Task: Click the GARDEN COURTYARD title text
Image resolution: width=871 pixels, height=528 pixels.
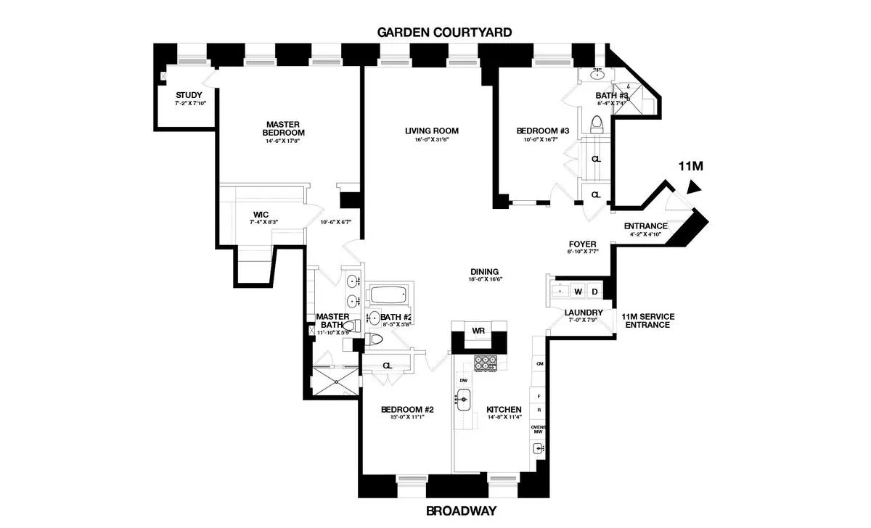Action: (x=443, y=32)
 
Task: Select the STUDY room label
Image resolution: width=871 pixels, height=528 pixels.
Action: (x=189, y=95)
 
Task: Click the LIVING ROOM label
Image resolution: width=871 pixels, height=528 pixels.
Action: (x=432, y=131)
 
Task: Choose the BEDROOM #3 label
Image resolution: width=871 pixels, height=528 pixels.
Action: (x=542, y=131)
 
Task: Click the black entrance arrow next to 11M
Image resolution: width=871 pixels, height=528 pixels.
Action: (x=695, y=188)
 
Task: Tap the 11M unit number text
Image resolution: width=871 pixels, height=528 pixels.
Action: (x=690, y=167)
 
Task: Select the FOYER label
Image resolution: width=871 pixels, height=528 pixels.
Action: (x=581, y=244)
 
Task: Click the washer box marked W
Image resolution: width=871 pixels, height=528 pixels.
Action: (x=578, y=292)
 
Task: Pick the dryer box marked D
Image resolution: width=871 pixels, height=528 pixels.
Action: (x=594, y=292)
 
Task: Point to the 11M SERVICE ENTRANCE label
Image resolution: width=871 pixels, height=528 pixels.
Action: (x=647, y=321)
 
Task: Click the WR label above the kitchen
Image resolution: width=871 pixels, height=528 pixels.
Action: (x=478, y=331)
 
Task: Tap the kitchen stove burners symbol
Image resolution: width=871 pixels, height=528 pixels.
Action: (x=485, y=363)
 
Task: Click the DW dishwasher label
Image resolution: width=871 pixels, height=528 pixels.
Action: (x=462, y=380)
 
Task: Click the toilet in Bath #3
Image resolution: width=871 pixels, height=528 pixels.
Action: (x=597, y=125)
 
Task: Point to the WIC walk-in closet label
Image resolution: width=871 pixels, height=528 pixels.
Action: (x=261, y=215)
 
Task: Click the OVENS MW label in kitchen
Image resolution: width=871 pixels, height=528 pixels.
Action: (x=538, y=431)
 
